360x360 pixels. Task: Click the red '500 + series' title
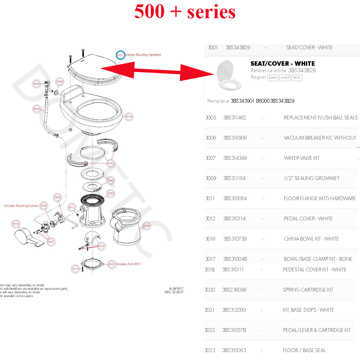[185, 12]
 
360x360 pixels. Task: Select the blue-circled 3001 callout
[120, 55]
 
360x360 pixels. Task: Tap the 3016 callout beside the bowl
[129, 117]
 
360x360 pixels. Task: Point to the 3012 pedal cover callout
[15, 224]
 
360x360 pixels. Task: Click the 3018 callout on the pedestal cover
[146, 226]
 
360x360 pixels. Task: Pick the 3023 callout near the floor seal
[111, 264]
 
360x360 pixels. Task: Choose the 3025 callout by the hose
[37, 109]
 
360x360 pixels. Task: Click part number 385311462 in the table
[234, 118]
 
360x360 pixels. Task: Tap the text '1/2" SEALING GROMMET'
[311, 178]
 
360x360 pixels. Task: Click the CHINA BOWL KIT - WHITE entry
[311, 239]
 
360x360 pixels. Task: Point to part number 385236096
[234, 290]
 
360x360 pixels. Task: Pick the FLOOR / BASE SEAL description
[304, 350]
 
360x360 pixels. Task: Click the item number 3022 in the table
[209, 330]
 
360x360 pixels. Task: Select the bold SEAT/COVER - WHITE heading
[283, 64]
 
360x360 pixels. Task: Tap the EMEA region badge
[273, 78]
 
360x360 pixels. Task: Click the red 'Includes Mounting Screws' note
[21, 206]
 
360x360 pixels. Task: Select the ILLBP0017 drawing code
[176, 289]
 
